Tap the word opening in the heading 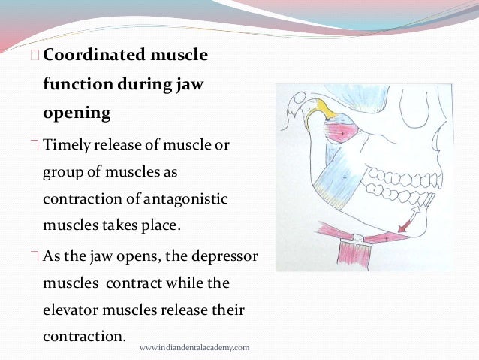(77, 114)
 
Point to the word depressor (224, 256)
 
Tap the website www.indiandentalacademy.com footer (194, 348)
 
